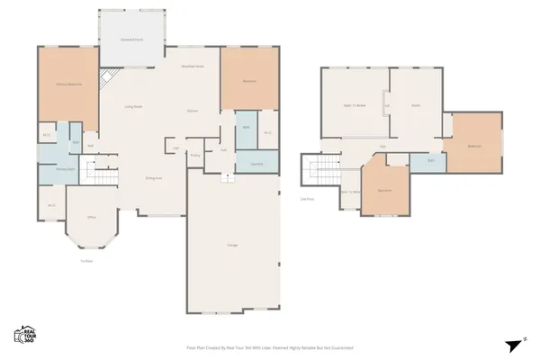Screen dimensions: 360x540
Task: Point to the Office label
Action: pos(92,218)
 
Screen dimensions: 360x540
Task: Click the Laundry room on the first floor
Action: pos(256,163)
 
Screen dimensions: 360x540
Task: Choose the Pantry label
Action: pos(194,155)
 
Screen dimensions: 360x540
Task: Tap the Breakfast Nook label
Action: pos(192,67)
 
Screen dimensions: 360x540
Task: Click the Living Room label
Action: pos(134,106)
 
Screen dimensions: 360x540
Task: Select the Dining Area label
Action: pos(154,178)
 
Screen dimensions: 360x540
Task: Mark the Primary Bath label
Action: pos(64,168)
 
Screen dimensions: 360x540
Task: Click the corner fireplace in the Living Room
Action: pos(104,79)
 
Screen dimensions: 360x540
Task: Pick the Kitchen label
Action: pos(192,111)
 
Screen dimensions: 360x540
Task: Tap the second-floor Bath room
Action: pos(431,161)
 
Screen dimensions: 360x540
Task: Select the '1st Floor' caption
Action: pos(87,261)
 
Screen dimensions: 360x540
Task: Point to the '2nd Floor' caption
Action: pos(306,199)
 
